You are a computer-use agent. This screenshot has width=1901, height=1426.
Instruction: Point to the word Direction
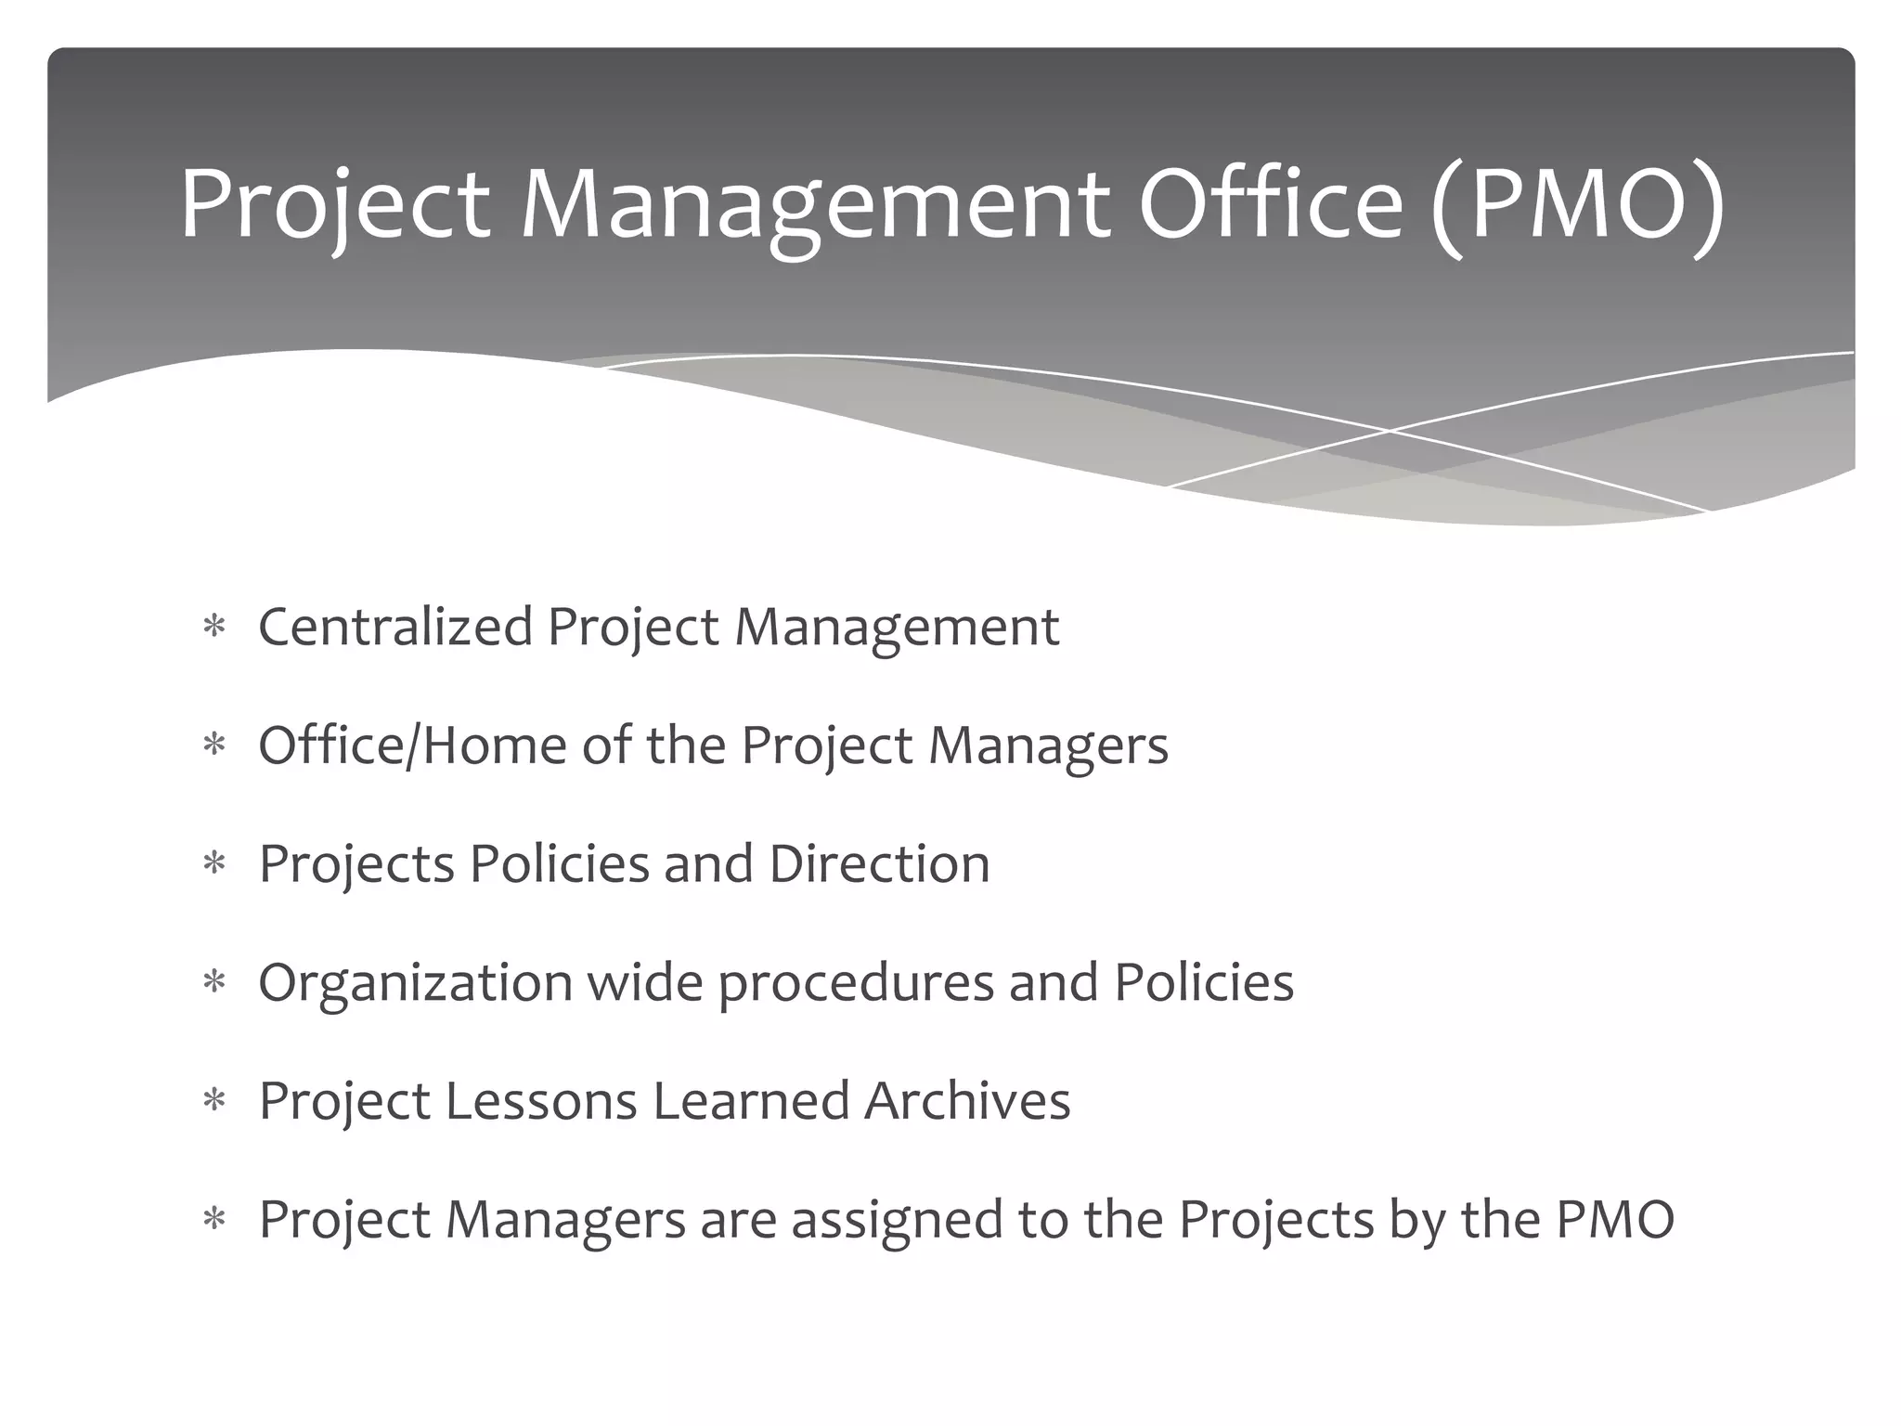879,863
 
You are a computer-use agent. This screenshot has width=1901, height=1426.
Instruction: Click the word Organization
415,982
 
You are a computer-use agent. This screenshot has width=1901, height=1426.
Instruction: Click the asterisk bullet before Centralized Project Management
214,628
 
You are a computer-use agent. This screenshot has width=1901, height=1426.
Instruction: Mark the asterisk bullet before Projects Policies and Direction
214,865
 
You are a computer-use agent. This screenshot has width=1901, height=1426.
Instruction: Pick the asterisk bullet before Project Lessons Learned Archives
214,1102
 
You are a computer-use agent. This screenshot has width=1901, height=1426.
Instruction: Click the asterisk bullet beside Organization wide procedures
214,983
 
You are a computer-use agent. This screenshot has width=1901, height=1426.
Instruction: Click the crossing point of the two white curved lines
1390,432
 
